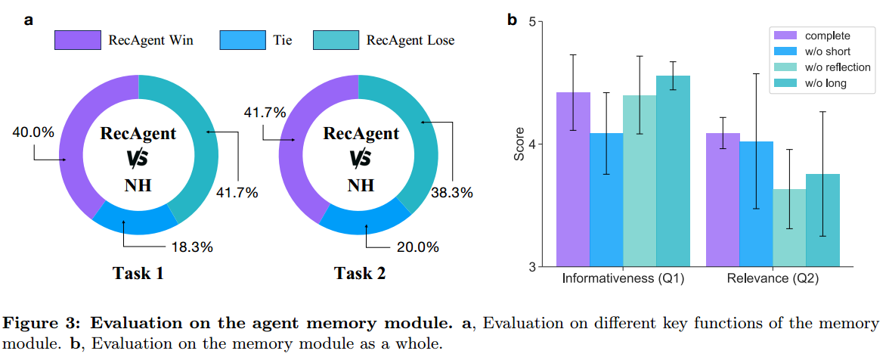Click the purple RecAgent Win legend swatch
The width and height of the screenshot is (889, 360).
pos(78,40)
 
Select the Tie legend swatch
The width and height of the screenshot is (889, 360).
pos(243,40)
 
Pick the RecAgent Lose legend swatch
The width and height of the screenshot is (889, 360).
pos(335,40)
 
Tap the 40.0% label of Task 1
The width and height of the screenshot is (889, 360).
pos(33,132)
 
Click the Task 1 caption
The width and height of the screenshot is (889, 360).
pos(138,274)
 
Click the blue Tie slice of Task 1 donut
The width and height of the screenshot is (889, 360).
pos(135,219)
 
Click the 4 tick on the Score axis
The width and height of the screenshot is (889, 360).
pos(531,144)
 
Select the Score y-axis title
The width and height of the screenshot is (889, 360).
pos(519,144)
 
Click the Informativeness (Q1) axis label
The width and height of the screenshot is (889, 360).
pos(624,279)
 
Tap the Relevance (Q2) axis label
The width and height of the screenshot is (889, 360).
pos(773,279)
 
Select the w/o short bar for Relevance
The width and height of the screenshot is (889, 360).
pos(756,204)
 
